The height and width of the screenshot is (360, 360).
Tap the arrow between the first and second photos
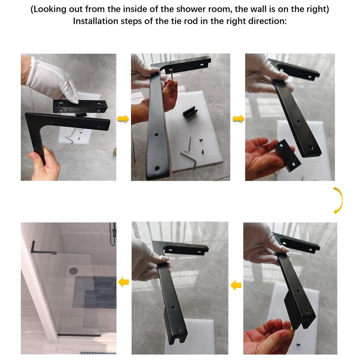click(121, 119)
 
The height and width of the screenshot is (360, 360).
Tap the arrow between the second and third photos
click(238, 119)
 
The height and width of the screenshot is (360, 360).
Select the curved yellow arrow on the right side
click(338, 200)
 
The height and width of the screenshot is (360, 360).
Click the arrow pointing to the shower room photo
click(123, 282)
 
